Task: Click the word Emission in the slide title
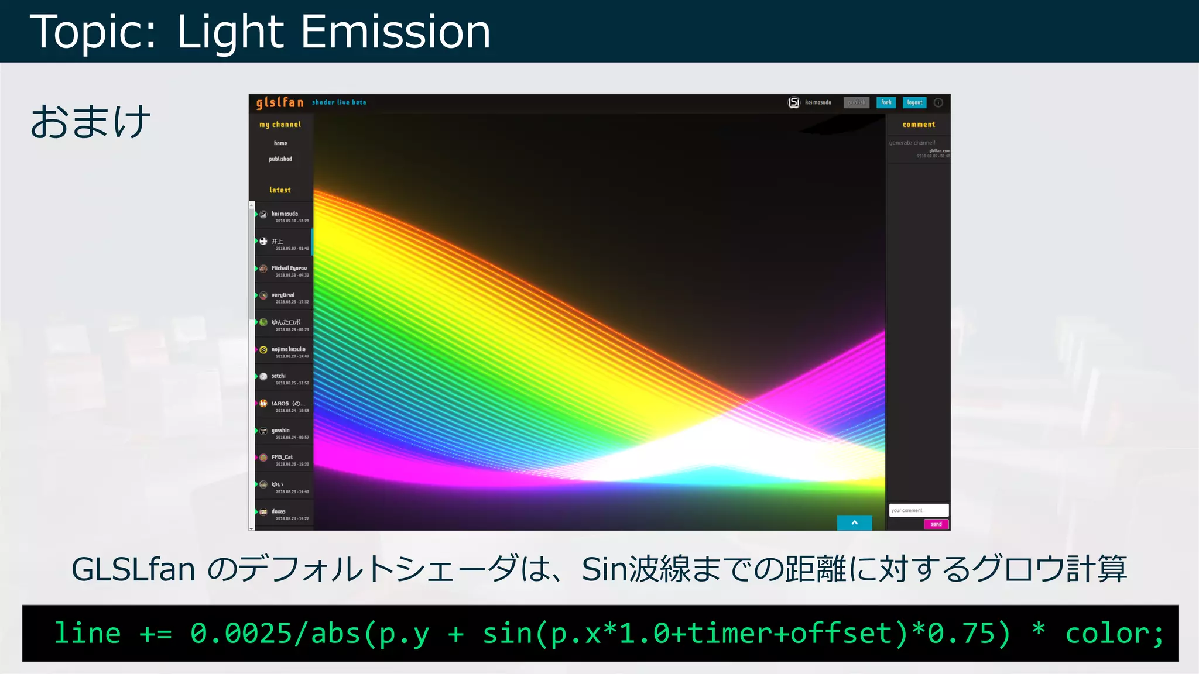pos(395,32)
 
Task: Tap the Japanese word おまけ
pos(91,122)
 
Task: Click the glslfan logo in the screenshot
pos(280,103)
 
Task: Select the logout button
pos(914,102)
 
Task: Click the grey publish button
pos(857,102)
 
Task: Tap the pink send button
pos(936,524)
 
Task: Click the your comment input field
pos(918,510)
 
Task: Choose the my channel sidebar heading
pos(280,125)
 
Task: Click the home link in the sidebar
pos(280,143)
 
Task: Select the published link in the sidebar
pos(280,159)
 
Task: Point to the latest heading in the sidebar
pos(280,190)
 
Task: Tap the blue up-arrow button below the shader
pos(854,522)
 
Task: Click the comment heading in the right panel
pos(919,125)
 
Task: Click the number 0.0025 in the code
pos(242,634)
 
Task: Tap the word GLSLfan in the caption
pos(133,569)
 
